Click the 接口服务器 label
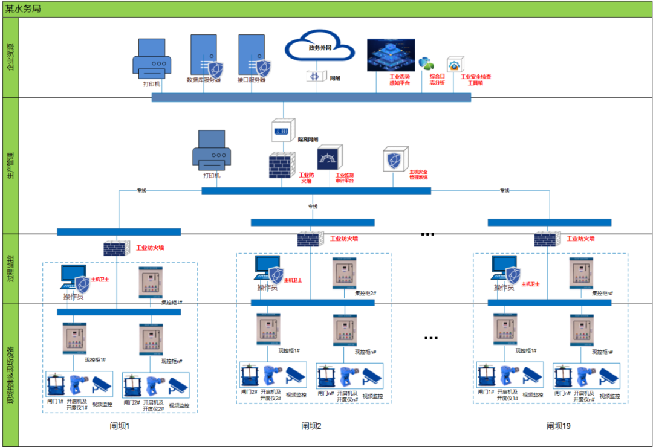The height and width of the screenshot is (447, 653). pyautogui.click(x=252, y=79)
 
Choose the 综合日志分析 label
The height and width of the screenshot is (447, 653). pyautogui.click(x=437, y=79)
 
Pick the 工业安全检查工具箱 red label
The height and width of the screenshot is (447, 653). pyautogui.click(x=476, y=80)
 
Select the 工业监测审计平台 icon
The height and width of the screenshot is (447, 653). pyautogui.click(x=330, y=159)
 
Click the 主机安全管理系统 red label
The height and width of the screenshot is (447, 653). pyautogui.click(x=418, y=175)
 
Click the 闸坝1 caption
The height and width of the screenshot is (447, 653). pyautogui.click(x=120, y=426)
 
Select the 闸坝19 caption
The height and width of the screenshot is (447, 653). pyautogui.click(x=559, y=426)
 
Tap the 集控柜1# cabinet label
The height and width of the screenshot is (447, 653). pyautogui.click(x=172, y=303)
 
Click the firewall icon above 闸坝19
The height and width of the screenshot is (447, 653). pyautogui.click(x=548, y=239)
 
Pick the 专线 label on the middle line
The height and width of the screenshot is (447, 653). pyautogui.click(x=313, y=207)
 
